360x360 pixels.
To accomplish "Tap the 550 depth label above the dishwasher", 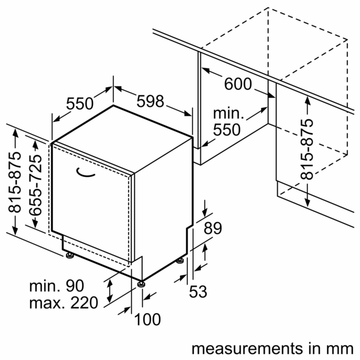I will click(x=80, y=104).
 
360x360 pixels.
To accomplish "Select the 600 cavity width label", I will click(x=238, y=84).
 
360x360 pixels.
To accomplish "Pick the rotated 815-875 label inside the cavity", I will click(x=307, y=149).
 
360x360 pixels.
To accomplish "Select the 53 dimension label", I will click(x=198, y=292).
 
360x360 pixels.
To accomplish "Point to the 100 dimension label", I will click(x=147, y=320).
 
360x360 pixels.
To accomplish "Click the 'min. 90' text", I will click(x=58, y=287).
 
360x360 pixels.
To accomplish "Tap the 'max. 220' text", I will click(x=62, y=303).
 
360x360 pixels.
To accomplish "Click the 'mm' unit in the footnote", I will click(x=340, y=349).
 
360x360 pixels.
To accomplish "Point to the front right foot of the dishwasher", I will click(x=142, y=283).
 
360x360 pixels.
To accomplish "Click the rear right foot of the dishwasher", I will click(x=181, y=262).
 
